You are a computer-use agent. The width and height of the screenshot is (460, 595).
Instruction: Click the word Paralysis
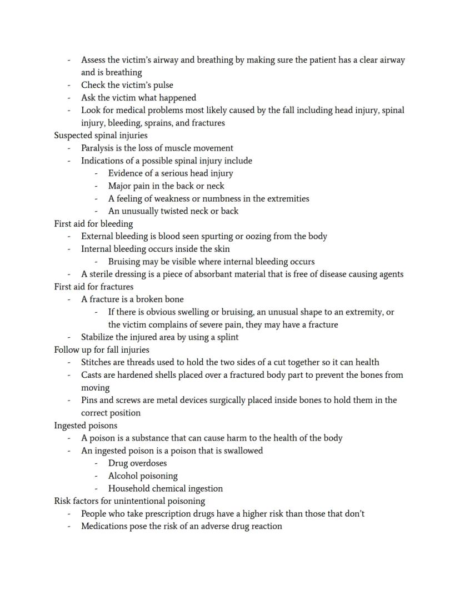pyautogui.click(x=99, y=148)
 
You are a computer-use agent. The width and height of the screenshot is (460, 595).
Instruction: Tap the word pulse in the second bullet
pyautogui.click(x=162, y=85)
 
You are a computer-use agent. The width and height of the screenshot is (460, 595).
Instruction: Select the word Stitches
pyautogui.click(x=98, y=362)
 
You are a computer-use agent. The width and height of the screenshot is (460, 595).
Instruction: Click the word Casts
pyautogui.click(x=93, y=375)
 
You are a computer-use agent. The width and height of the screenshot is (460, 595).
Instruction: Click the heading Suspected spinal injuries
pyautogui.click(x=101, y=136)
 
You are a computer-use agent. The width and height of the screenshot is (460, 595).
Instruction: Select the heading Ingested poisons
pyautogui.click(x=86, y=426)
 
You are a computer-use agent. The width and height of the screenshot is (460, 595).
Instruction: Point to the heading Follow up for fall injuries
pyautogui.click(x=102, y=350)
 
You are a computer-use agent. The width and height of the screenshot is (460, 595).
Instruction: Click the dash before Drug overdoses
pyautogui.click(x=97, y=463)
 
